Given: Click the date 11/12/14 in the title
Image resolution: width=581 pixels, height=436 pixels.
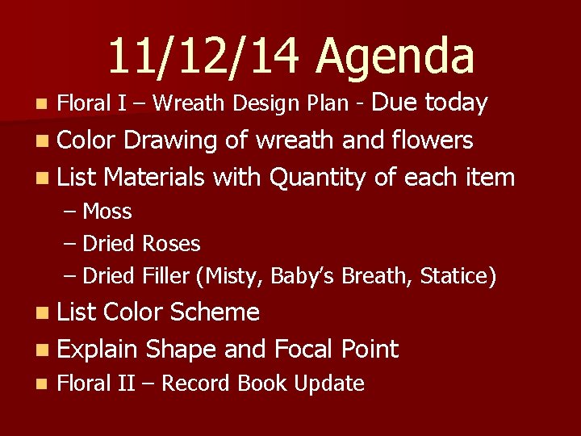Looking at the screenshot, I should point(203,56).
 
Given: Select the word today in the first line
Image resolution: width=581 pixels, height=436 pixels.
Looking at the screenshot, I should point(456,103).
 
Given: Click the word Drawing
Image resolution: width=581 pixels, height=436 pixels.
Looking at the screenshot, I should point(169,140).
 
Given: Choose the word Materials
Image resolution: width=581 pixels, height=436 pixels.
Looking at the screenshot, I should point(156,176).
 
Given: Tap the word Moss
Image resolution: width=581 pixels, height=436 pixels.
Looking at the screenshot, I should point(107,212).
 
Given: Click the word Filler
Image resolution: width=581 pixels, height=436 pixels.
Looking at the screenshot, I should point(165,276).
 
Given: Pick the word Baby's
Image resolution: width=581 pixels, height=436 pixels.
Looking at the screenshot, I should point(303,276).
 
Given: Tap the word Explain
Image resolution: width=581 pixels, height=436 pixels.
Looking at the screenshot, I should point(98,350).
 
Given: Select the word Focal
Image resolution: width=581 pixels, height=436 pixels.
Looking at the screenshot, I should point(304,349).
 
